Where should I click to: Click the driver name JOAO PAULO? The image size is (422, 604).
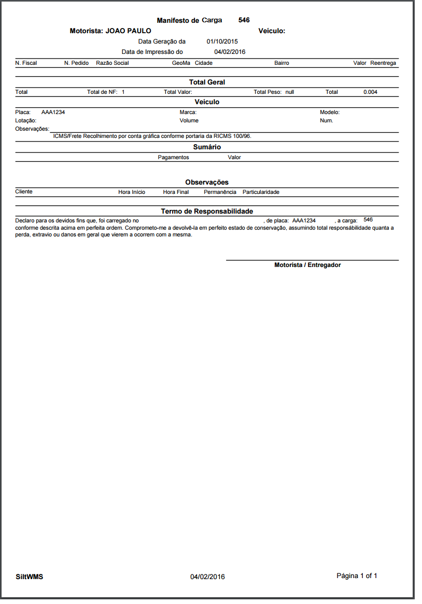(x=128, y=31)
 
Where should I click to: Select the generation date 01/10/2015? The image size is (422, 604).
(x=222, y=41)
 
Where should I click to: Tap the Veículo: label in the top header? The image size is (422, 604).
(x=272, y=31)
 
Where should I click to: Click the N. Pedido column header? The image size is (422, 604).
(x=76, y=63)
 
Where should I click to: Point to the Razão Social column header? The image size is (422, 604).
(x=112, y=63)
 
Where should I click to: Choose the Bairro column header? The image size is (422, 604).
(x=282, y=63)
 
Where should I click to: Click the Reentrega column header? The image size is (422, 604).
(x=383, y=63)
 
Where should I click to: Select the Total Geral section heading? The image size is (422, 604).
(x=207, y=82)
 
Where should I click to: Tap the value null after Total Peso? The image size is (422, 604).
(x=290, y=92)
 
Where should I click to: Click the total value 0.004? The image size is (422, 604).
(x=371, y=92)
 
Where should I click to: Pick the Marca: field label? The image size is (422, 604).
(x=188, y=112)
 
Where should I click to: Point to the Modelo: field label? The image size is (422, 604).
(x=330, y=112)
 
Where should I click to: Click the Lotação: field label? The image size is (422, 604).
(x=26, y=120)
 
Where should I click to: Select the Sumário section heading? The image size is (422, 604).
(x=207, y=147)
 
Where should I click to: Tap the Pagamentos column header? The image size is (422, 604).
(x=173, y=157)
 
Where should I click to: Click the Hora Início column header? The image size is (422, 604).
(x=132, y=192)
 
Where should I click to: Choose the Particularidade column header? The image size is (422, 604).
(x=261, y=192)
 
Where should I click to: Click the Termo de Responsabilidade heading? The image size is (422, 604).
(x=207, y=212)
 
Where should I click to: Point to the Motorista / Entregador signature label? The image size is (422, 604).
(x=307, y=265)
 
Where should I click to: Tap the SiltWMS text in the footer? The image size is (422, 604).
(x=30, y=577)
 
